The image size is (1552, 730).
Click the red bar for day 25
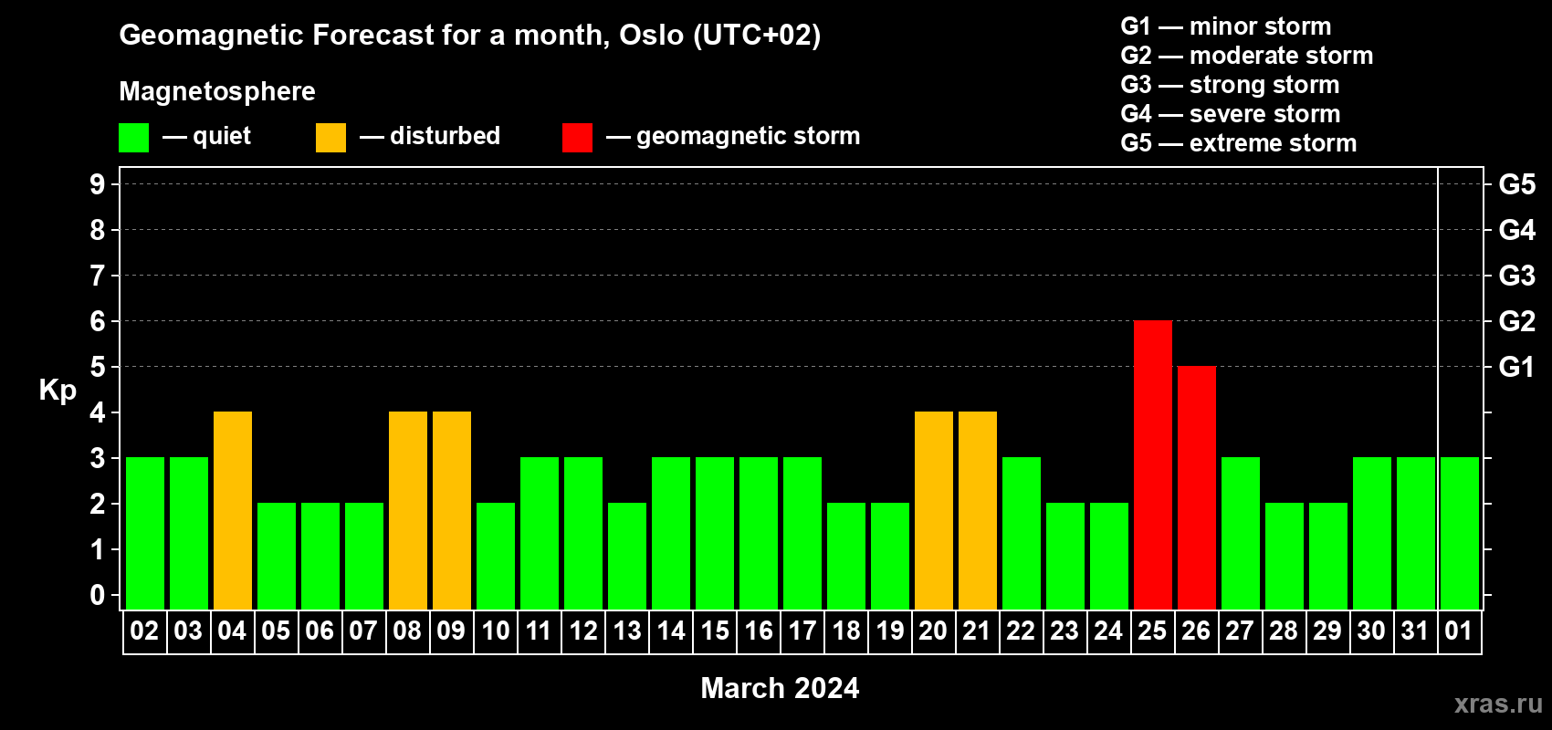click(1153, 464)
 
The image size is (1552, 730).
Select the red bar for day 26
click(1197, 487)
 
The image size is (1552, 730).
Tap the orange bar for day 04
click(233, 510)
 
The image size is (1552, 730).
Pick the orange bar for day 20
click(934, 510)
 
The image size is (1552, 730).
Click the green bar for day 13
click(627, 556)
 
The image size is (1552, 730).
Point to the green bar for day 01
click(1460, 533)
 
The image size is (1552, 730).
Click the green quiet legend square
click(133, 137)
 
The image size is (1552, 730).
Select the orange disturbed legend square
click(330, 137)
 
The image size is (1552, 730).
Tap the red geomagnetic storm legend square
click(577, 137)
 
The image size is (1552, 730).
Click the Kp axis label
click(58, 391)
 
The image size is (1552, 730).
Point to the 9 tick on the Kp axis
click(97, 184)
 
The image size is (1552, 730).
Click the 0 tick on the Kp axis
click(97, 595)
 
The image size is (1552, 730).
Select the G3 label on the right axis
click(1517, 276)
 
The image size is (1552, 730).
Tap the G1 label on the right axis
click(1517, 367)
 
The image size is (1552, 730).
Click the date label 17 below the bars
click(802, 631)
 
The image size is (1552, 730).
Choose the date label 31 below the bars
click(1415, 631)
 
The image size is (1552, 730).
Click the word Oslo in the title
click(651, 35)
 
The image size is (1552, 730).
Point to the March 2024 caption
click(781, 688)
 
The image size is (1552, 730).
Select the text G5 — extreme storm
click(1239, 143)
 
